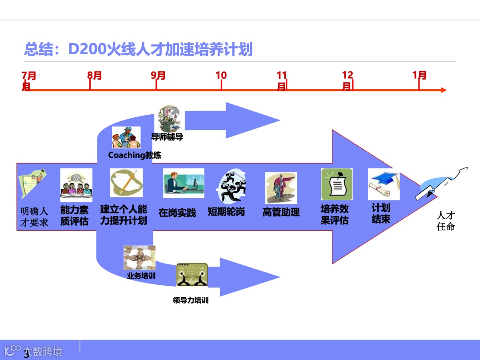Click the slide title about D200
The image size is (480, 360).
coord(138,49)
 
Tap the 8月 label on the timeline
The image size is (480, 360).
coord(95,76)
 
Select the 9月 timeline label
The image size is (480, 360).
coord(158,76)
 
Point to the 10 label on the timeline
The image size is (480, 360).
coord(221,76)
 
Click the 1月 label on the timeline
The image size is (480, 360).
coord(419,75)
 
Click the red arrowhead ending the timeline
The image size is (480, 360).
coord(443,90)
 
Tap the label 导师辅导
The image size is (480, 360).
coord(167,137)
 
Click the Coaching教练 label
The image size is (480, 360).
coord(135,155)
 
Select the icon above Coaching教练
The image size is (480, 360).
coord(126,137)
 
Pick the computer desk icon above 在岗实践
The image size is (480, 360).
coord(183,183)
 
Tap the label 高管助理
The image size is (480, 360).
coord(281,212)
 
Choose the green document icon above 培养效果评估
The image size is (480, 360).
coord(337,184)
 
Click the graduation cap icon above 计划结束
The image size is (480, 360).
coord(384,184)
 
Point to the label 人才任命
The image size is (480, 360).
coord(446,221)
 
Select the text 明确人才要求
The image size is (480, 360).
coord(34,216)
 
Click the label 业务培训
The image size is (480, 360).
coord(141,276)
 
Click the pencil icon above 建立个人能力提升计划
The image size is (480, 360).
coord(126,182)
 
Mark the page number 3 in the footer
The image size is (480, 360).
coord(26,354)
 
